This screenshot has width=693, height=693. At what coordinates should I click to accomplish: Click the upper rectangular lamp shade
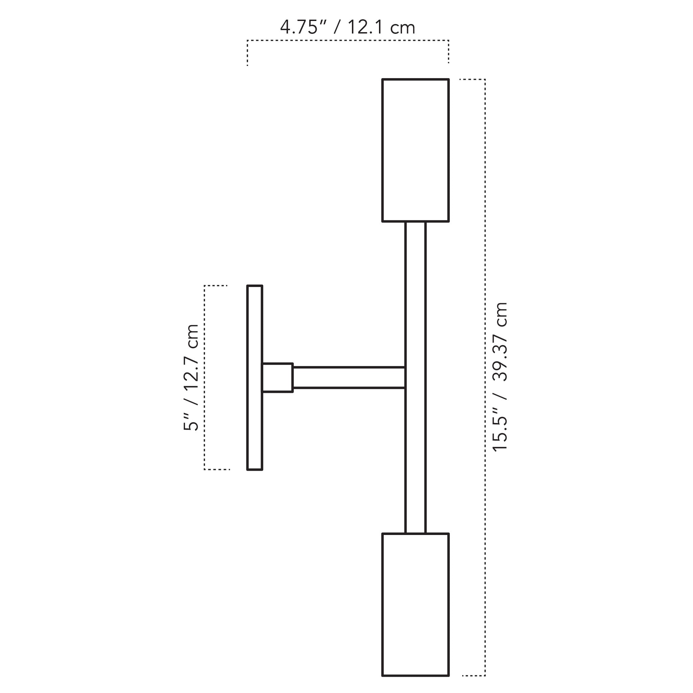pos(416,150)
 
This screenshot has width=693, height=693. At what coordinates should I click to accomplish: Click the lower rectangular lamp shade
pos(416,604)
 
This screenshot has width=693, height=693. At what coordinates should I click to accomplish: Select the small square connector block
pos(277,378)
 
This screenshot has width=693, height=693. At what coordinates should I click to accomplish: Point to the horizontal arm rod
pos(349,378)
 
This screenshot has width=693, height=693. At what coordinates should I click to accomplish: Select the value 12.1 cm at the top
pos(381,27)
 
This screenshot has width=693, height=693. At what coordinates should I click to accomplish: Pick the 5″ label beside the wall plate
pos(191,422)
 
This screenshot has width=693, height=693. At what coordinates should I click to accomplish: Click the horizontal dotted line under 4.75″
pos(348,41)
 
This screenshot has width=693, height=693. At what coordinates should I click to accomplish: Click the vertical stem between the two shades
pos(416,377)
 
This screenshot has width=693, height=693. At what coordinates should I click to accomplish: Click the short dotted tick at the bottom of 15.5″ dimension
pos(473,676)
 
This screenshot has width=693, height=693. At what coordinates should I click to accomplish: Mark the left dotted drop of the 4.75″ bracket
pos(247,53)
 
